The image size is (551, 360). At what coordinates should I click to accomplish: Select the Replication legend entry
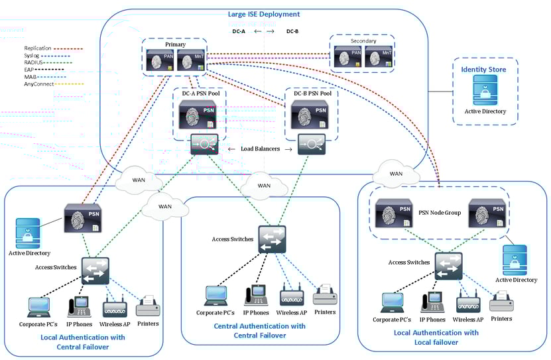coord(38,48)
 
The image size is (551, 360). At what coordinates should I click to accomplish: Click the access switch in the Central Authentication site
coord(272,239)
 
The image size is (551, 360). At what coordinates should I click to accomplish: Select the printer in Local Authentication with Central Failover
coord(148,306)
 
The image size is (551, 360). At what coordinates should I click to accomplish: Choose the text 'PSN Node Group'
coord(439,213)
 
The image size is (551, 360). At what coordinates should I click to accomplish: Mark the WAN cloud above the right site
coord(396,174)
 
